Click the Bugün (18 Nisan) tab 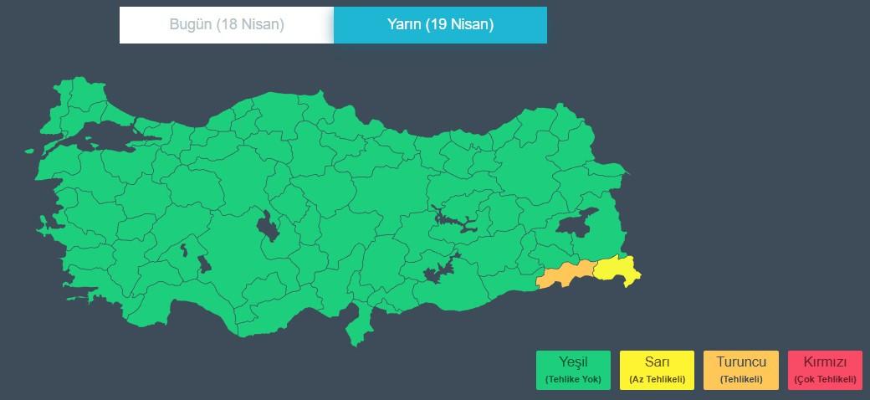point(227,25)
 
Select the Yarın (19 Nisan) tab point(440,25)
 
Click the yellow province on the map point(617,269)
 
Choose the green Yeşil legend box point(573,370)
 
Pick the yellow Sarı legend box point(657,370)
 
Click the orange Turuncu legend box point(740,370)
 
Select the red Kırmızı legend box point(824,370)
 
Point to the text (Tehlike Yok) point(573,380)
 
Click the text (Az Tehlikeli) point(657,380)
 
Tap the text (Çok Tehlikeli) point(824,380)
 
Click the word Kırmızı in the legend point(824,363)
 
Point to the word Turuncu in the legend point(740,363)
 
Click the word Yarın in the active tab point(403,25)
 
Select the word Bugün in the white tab point(191,25)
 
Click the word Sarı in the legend point(657,363)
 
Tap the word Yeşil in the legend point(573,363)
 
